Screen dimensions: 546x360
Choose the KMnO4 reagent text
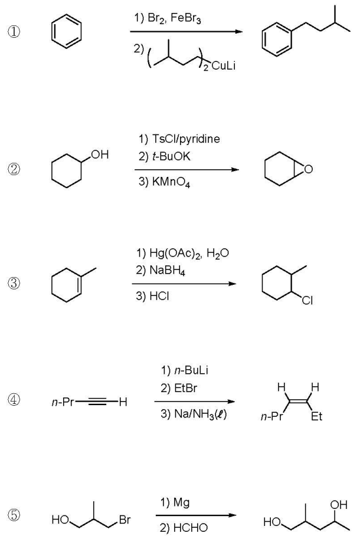pyautogui.click(x=163, y=183)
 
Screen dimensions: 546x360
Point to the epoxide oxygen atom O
pyautogui.click(x=307, y=171)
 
